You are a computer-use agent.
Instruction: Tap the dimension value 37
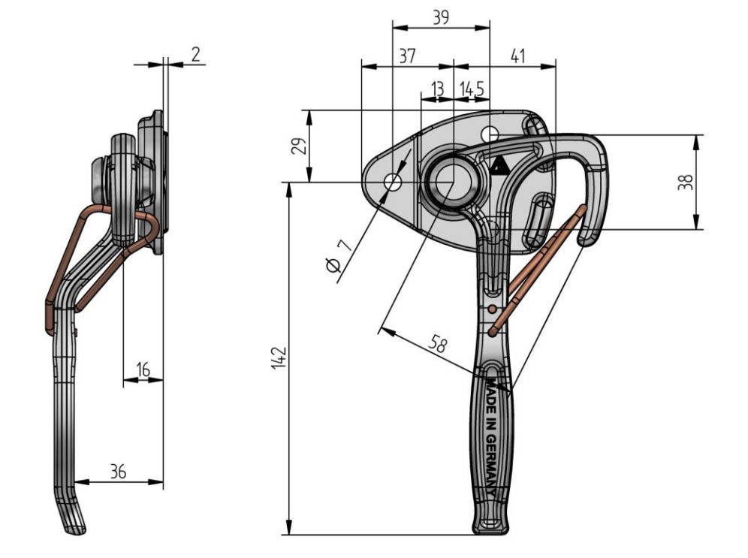click(406, 56)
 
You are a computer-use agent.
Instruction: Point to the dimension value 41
click(517, 56)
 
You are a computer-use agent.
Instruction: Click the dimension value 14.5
click(471, 89)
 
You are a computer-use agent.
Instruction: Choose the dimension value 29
click(297, 146)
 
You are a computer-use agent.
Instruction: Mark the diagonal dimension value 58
click(439, 345)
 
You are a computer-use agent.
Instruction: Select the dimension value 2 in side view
click(195, 54)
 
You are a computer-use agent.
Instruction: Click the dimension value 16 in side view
click(143, 369)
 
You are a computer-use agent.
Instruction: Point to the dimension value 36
click(118, 472)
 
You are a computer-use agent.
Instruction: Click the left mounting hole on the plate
click(392, 182)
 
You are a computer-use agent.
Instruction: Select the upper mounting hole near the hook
click(490, 134)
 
